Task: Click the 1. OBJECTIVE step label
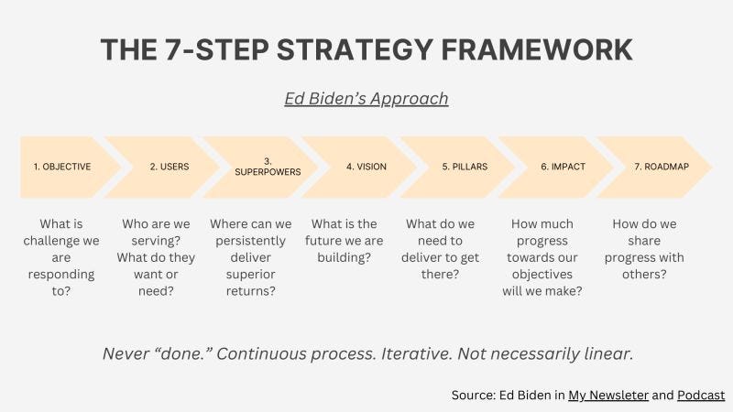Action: pyautogui.click(x=62, y=167)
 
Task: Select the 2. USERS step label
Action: pyautogui.click(x=170, y=167)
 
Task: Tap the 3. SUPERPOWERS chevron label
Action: pyautogui.click(x=268, y=167)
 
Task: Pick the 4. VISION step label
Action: pyautogui.click(x=366, y=167)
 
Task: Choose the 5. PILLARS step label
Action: pyautogui.click(x=465, y=167)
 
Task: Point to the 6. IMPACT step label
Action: pyautogui.click(x=563, y=167)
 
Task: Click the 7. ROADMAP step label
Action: pyautogui.click(x=662, y=167)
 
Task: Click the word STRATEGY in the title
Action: pyautogui.click(x=355, y=49)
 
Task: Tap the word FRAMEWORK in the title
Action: pyautogui.click(x=537, y=49)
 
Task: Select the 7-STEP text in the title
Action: pyautogui.click(x=216, y=49)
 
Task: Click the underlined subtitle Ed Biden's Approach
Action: pyautogui.click(x=366, y=99)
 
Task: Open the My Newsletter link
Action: pyautogui.click(x=608, y=396)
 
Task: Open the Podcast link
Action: pyautogui.click(x=701, y=396)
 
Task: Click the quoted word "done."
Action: pyautogui.click(x=184, y=353)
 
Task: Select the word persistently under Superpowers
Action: pyautogui.click(x=250, y=241)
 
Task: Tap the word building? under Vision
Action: pyautogui.click(x=345, y=257)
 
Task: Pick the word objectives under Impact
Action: pyautogui.click(x=542, y=274)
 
